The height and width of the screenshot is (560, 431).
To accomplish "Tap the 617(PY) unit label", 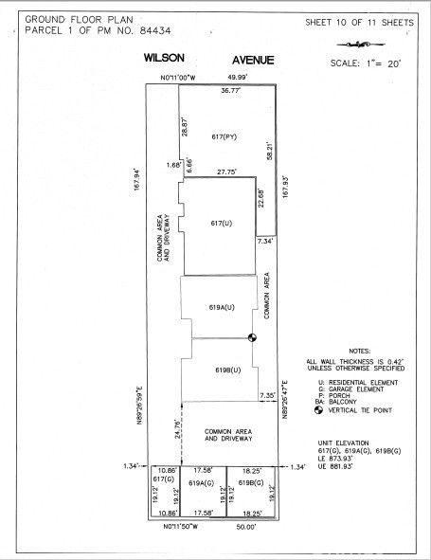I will pyautogui.click(x=224, y=137).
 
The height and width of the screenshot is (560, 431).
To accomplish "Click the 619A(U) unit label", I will pyautogui.click(x=221, y=307).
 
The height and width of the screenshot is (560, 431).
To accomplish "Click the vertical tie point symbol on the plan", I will pyautogui.click(x=253, y=337).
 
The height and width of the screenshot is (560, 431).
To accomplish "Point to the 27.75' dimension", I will pyautogui.click(x=226, y=172).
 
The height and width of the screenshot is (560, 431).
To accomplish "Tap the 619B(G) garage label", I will pyautogui.click(x=252, y=482).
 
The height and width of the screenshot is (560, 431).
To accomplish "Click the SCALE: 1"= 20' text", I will pyautogui.click(x=365, y=63).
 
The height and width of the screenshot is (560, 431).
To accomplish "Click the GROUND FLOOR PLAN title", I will pyautogui.click(x=69, y=18).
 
